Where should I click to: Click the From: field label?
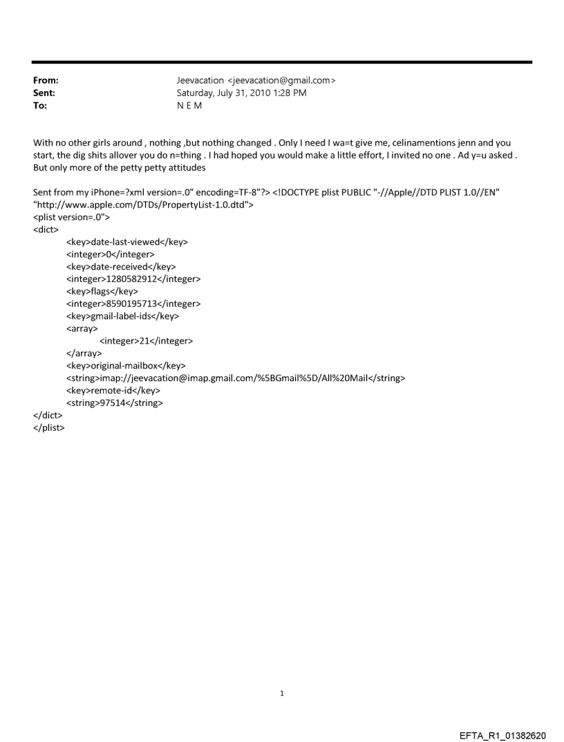pos(46,80)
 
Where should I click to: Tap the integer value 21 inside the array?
pos(146,341)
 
